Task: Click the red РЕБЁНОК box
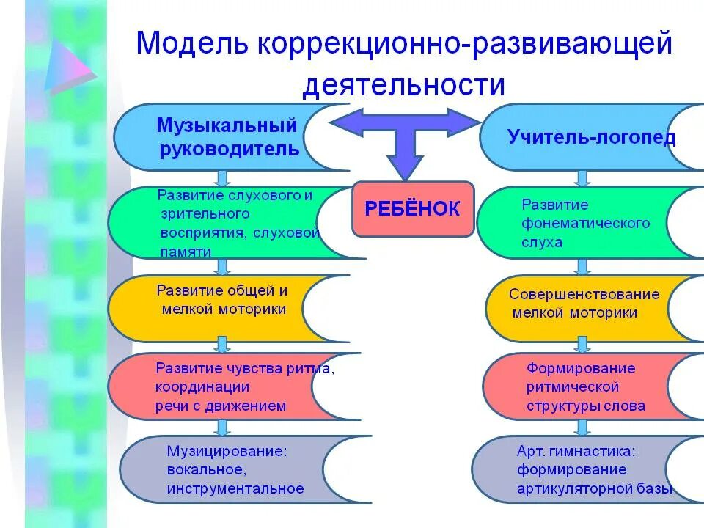[413, 209]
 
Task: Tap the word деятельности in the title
[404, 86]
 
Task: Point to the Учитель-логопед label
[591, 137]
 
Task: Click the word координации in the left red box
[202, 387]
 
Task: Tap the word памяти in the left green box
[186, 252]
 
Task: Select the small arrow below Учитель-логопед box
[583, 178]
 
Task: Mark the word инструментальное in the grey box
[235, 488]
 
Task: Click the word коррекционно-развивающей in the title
[464, 44]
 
